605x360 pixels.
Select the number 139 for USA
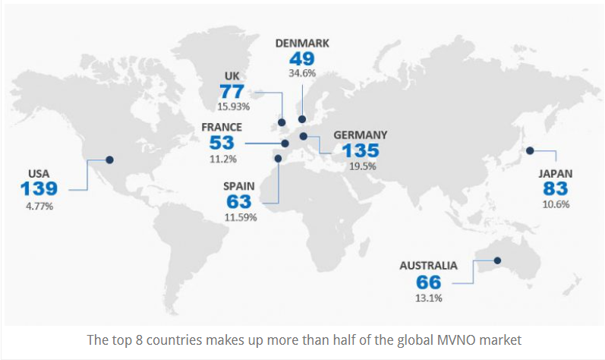(43, 189)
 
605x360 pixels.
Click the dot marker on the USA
(110, 159)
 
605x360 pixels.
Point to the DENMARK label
(302, 43)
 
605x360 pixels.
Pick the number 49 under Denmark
(302, 58)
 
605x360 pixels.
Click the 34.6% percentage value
(302, 74)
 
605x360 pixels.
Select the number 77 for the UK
(232, 90)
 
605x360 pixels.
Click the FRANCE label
(222, 127)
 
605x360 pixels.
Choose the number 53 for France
(222, 142)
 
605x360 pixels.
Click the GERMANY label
(361, 134)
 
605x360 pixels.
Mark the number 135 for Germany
(361, 150)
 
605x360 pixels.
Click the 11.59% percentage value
(241, 217)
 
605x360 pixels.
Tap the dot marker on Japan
(530, 149)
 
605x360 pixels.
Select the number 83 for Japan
(556, 188)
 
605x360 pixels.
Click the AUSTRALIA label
(429, 266)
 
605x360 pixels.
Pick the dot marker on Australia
(498, 261)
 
